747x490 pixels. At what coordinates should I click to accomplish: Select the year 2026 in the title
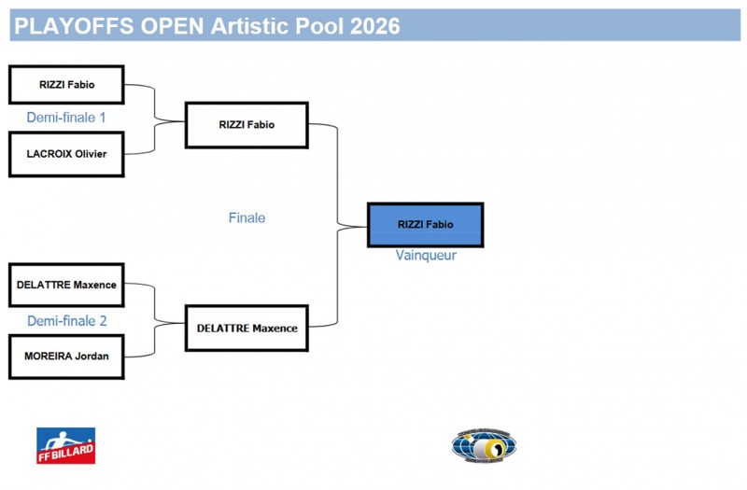[x=375, y=26]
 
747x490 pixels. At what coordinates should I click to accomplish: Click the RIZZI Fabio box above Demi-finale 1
[x=66, y=84]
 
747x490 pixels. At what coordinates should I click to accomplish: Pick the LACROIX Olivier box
[x=66, y=154]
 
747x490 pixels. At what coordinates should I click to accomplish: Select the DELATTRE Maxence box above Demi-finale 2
[x=66, y=285]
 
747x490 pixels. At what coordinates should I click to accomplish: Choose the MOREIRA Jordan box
[x=66, y=356]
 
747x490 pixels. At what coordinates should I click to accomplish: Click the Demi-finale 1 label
[x=66, y=118]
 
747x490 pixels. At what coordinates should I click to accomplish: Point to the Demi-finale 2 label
[x=67, y=321]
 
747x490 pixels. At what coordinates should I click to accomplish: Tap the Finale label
[x=247, y=217]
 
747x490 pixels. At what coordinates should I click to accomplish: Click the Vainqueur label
[x=426, y=256]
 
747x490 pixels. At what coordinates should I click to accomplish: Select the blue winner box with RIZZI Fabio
[x=425, y=225]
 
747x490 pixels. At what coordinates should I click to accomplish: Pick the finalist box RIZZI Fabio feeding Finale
[x=247, y=124]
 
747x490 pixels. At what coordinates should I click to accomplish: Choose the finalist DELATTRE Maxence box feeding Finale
[x=247, y=328]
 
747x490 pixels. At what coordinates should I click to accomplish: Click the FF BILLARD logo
[x=65, y=445]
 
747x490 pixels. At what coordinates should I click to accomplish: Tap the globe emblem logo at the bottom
[x=484, y=445]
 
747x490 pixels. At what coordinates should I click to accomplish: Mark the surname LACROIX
[x=49, y=154]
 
